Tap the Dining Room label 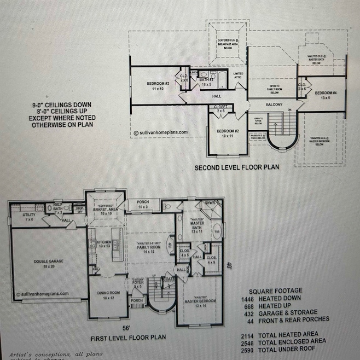point(108,295)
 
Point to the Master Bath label point(196,225)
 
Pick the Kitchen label point(104,243)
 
